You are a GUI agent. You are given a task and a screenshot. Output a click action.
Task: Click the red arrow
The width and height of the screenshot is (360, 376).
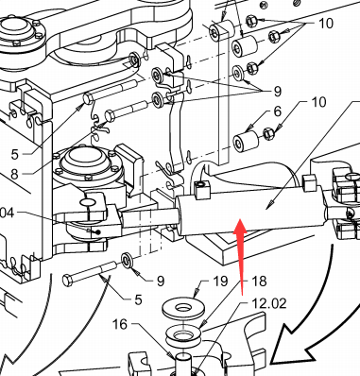click(x=241, y=255)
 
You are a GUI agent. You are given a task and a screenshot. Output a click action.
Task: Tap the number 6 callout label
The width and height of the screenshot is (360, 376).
click(x=277, y=111)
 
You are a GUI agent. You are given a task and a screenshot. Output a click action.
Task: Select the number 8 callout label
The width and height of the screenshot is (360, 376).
click(x=14, y=174)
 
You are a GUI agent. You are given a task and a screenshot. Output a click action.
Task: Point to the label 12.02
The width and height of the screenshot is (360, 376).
click(x=269, y=303)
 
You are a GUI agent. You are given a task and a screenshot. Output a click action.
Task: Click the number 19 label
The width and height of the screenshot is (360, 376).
click(x=220, y=281)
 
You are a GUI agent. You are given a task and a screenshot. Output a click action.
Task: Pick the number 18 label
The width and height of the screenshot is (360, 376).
click(x=260, y=281)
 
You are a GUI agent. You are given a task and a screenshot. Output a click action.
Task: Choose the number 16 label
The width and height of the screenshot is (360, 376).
click(x=120, y=324)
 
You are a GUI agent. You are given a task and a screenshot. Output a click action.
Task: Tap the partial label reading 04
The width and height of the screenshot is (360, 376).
click(x=7, y=214)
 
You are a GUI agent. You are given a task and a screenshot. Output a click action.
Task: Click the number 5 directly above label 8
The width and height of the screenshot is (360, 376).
click(x=15, y=154)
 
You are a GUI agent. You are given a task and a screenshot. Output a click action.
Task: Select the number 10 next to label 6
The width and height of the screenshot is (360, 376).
click(x=318, y=102)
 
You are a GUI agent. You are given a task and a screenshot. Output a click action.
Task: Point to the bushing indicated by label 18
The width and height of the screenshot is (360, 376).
click(x=183, y=335)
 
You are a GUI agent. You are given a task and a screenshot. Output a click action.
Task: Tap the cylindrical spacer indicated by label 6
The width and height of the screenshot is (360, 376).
click(x=246, y=141)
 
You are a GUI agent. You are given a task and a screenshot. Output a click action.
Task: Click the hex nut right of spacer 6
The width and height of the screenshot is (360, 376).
click(x=268, y=133)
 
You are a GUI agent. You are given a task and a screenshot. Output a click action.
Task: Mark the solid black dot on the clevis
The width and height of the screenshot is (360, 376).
click(x=98, y=232)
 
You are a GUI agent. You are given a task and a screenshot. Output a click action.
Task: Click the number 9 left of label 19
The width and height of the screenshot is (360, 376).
click(x=161, y=281)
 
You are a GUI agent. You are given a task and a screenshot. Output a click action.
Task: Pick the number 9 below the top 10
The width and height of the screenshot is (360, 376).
click(x=277, y=92)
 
